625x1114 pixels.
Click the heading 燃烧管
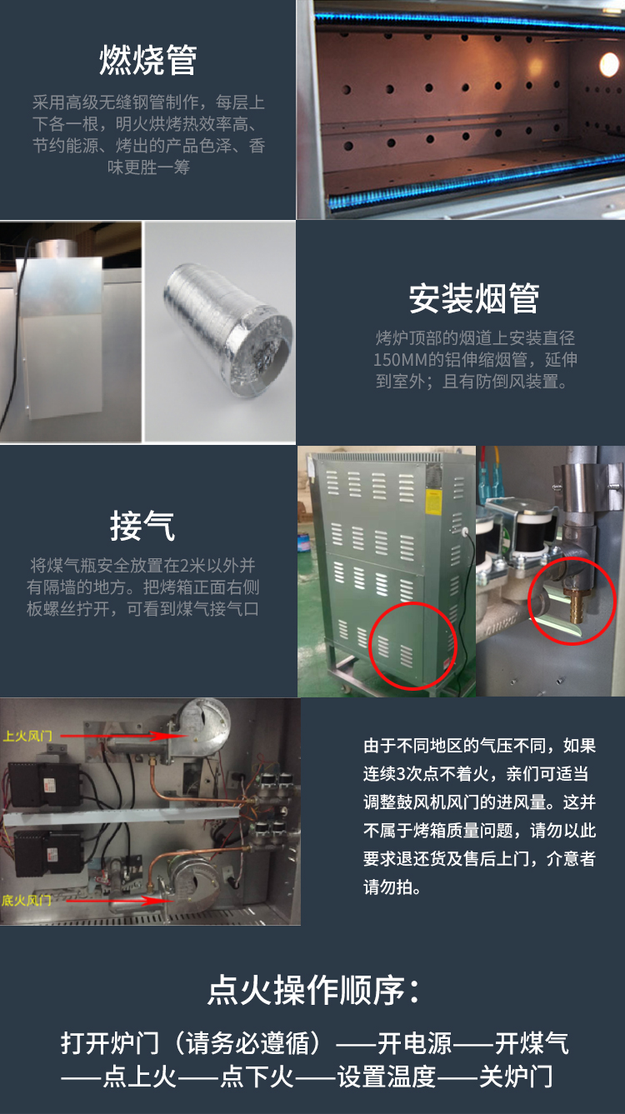pos(148,60)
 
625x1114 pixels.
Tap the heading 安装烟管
pos(474,298)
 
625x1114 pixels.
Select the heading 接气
pos(142,526)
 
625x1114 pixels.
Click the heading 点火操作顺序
pos(313,990)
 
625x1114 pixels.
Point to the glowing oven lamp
pos(608,65)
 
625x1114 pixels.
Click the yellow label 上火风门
pos(27,736)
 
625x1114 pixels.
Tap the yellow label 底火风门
pos(26,900)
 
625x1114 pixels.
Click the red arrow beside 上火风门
pos(117,736)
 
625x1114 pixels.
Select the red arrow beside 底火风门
pos(119,900)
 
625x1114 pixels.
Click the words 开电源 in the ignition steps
pos(415,1043)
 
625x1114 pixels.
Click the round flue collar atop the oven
pos(56,248)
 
